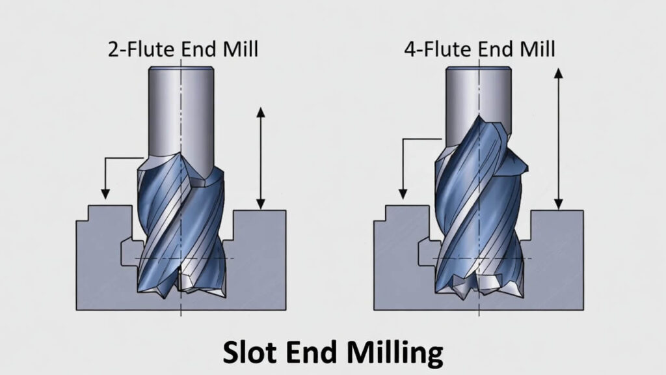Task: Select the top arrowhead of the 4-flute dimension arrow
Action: [558, 73]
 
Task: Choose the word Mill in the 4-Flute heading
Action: [537, 50]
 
